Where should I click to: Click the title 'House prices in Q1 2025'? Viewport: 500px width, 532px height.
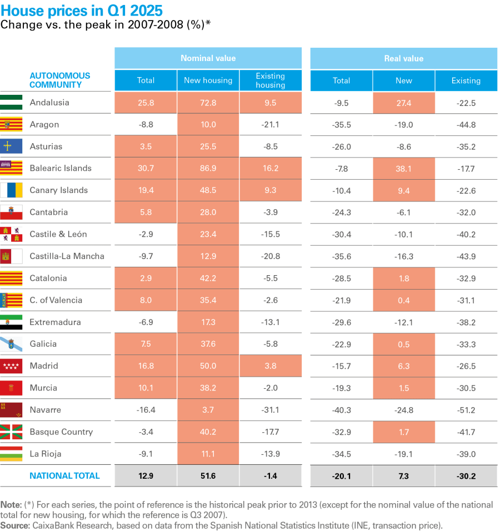pyautogui.click(x=82, y=11)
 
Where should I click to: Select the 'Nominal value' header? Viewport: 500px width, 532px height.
pyautogui.click(x=208, y=58)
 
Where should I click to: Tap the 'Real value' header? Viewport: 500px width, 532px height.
pyautogui.click(x=403, y=58)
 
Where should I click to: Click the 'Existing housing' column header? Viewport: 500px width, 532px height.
pyautogui.click(x=270, y=80)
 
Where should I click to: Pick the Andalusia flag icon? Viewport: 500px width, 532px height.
pyautogui.click(x=11, y=103)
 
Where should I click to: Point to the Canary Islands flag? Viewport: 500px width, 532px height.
pyautogui.click(x=11, y=190)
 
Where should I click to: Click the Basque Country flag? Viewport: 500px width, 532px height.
pyautogui.click(x=11, y=432)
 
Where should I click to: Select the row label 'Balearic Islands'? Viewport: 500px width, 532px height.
pyautogui.click(x=60, y=168)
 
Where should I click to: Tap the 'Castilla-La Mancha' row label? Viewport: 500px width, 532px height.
pyautogui.click(x=67, y=256)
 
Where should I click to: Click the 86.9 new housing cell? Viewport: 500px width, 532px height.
pyautogui.click(x=208, y=168)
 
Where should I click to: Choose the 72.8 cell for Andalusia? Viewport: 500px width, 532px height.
pyautogui.click(x=208, y=103)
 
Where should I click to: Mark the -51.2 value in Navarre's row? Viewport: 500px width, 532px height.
pyautogui.click(x=466, y=410)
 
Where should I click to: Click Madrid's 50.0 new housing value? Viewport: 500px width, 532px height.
pyautogui.click(x=208, y=366)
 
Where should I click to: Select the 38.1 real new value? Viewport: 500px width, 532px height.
pyautogui.click(x=403, y=168)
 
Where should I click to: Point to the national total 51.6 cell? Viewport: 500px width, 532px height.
pyautogui.click(x=208, y=476)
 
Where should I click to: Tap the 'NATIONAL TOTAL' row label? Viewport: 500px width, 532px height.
pyautogui.click(x=64, y=476)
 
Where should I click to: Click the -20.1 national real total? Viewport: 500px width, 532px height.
pyautogui.click(x=341, y=476)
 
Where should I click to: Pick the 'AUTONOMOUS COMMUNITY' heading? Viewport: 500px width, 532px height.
pyautogui.click(x=59, y=80)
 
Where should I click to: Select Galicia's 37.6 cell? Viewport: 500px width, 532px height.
pyautogui.click(x=208, y=344)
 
